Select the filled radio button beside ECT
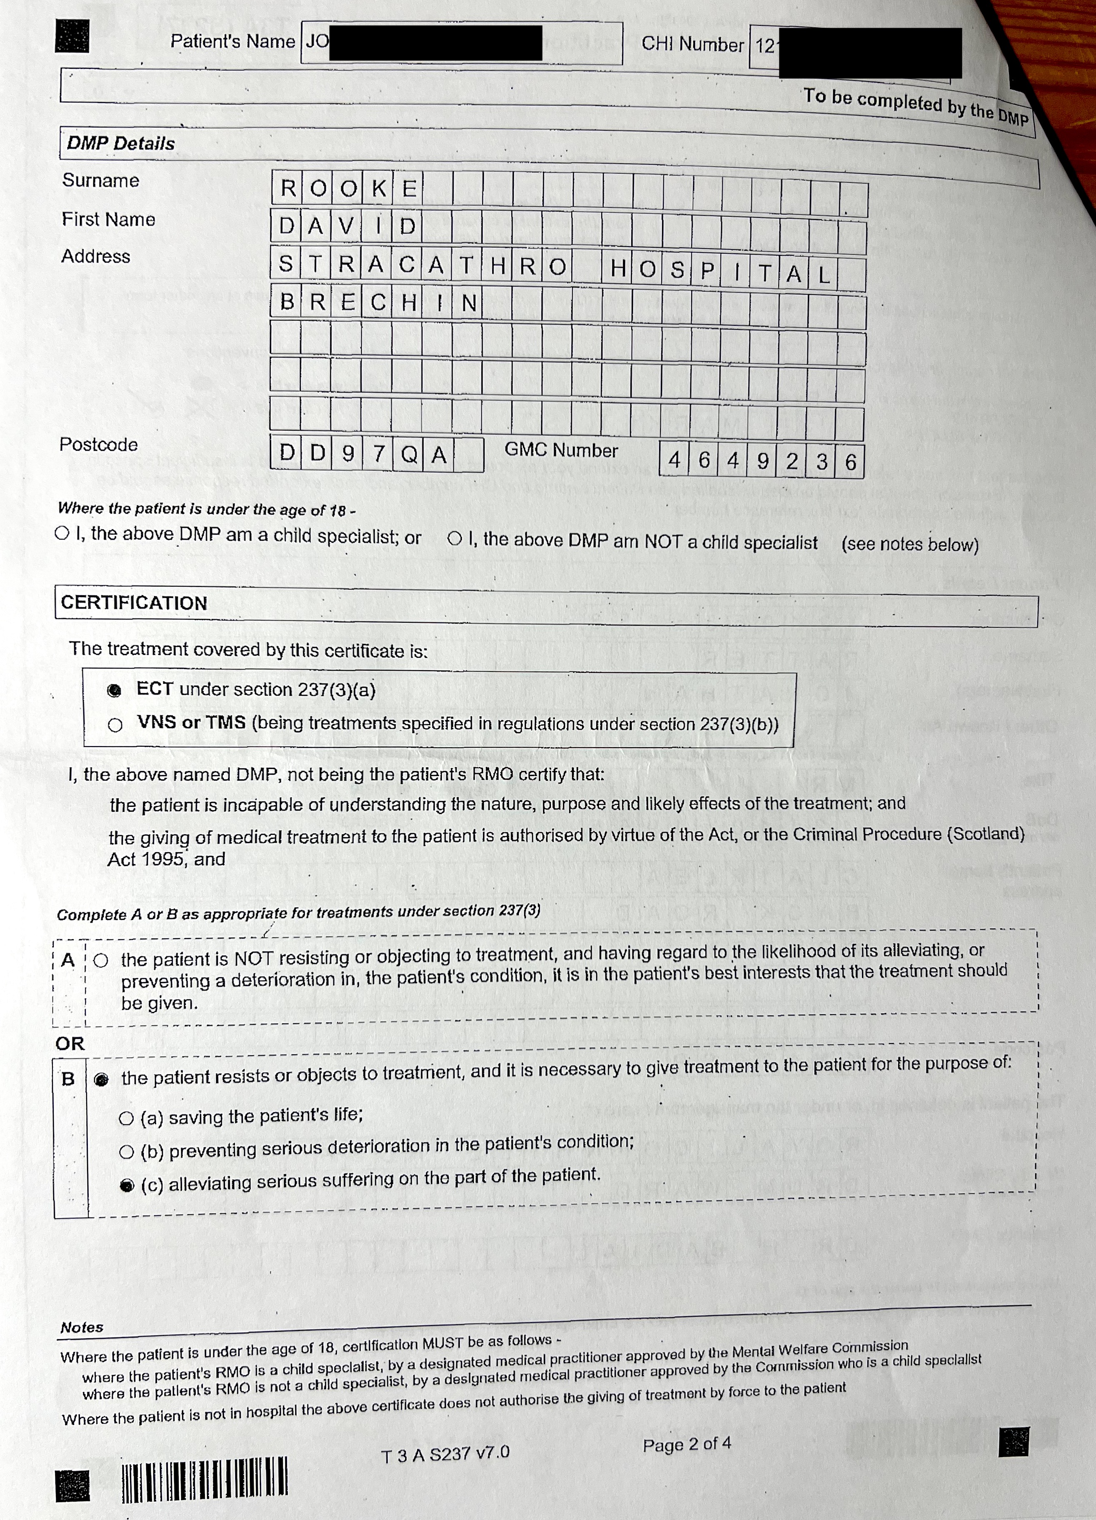[115, 690]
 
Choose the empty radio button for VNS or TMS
[115, 725]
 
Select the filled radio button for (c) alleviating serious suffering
[127, 1185]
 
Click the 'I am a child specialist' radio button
[62, 534]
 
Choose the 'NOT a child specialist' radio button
[455, 538]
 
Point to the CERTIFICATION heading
[134, 602]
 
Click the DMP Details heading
[121, 143]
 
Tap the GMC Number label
[561, 450]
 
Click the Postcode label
[98, 444]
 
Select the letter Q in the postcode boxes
[409, 455]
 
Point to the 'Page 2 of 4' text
[687, 1444]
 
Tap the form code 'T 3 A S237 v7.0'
[445, 1453]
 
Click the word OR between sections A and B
[70, 1043]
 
